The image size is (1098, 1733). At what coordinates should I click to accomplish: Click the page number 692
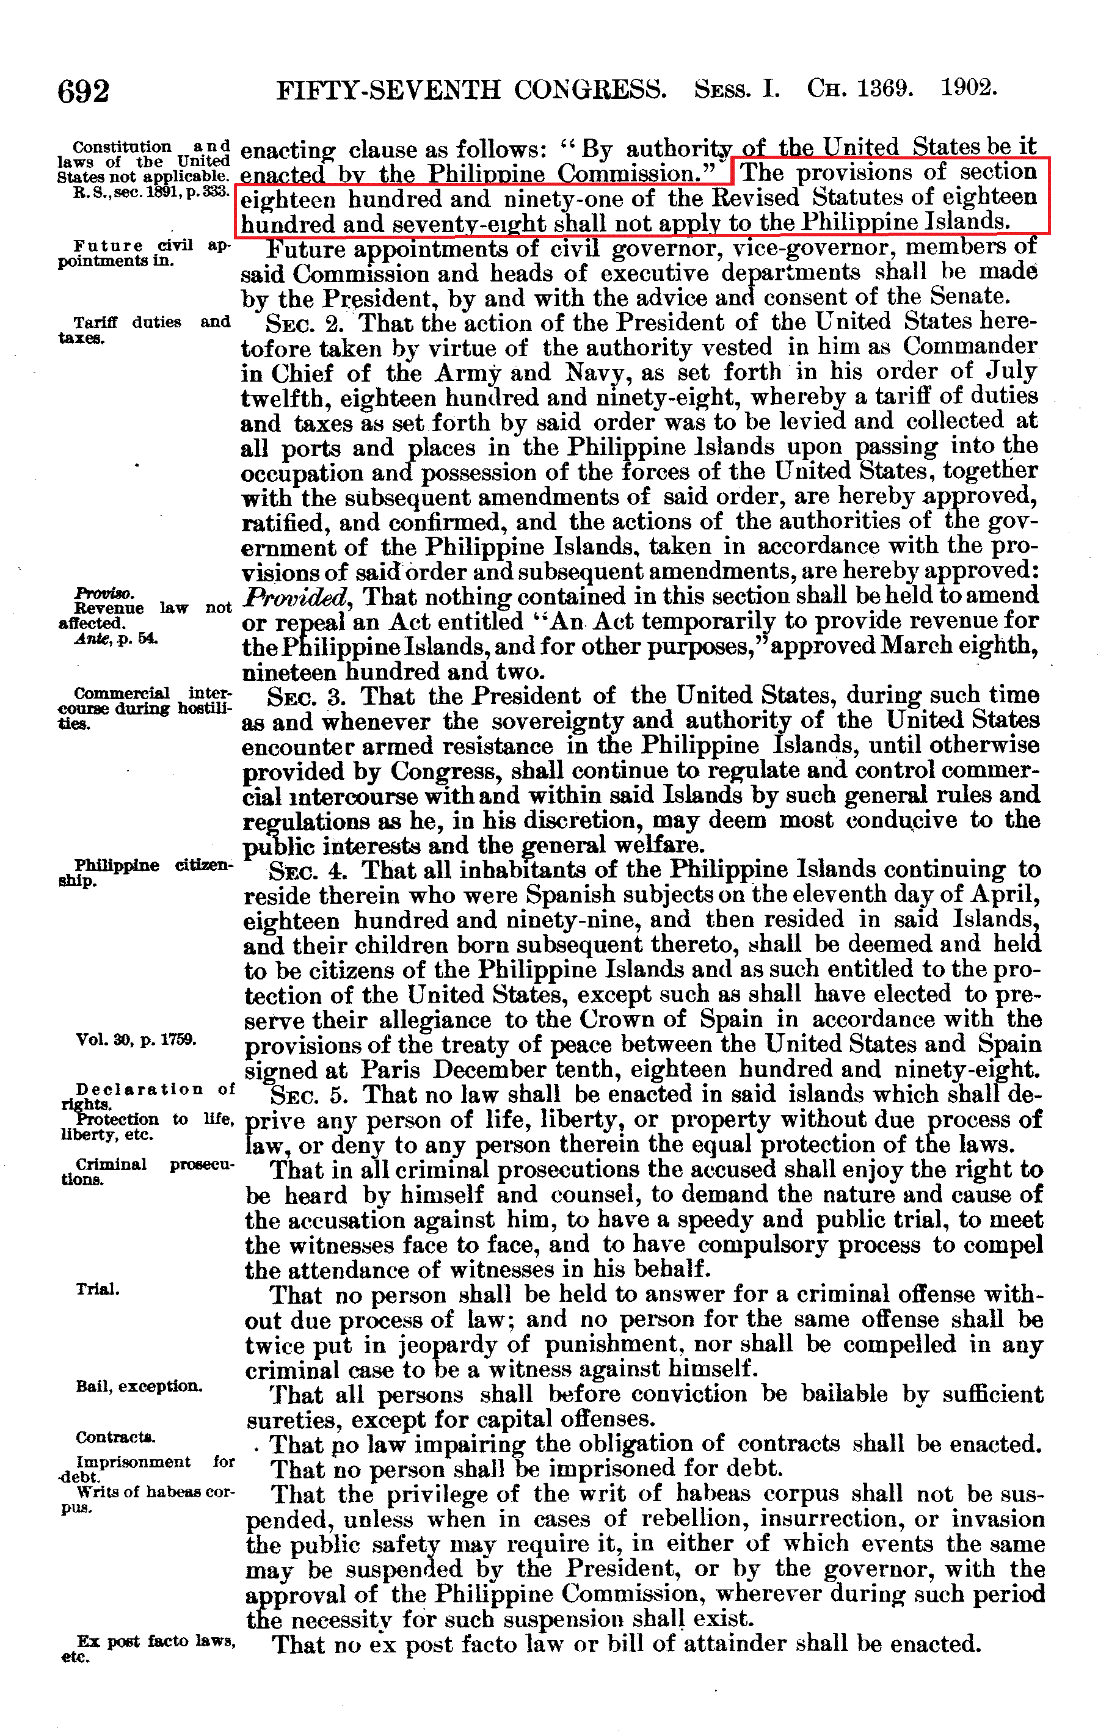click(x=84, y=92)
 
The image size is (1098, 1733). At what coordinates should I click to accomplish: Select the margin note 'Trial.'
click(x=98, y=1289)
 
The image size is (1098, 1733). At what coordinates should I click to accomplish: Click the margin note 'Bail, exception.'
click(x=139, y=1386)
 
